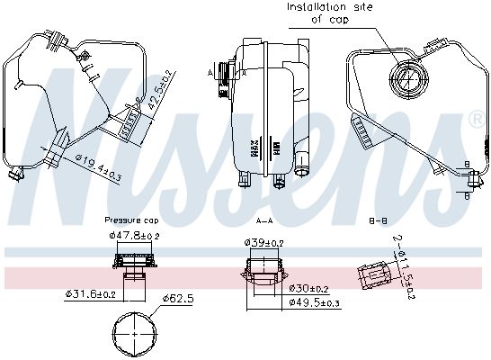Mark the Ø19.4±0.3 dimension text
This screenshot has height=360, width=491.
click(x=96, y=163)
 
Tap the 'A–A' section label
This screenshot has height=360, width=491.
click(x=264, y=219)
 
